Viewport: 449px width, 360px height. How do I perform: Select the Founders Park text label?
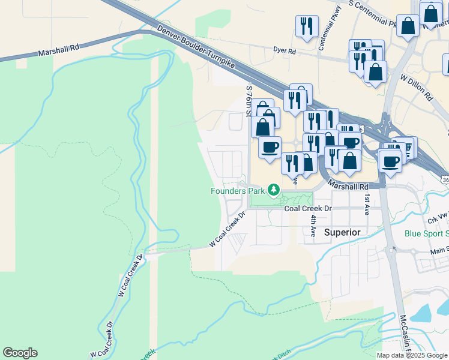pyautogui.click(x=238, y=191)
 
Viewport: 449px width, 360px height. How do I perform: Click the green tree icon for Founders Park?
pyautogui.click(x=274, y=190)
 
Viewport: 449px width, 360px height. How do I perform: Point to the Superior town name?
pyautogui.click(x=342, y=232)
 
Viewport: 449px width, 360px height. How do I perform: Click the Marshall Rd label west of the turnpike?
pyautogui.click(x=58, y=52)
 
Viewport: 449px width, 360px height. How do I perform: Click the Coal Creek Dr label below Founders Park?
pyautogui.click(x=308, y=208)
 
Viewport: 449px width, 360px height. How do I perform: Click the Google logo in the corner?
pyautogui.click(x=20, y=353)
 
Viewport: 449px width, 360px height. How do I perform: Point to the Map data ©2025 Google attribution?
pyautogui.click(x=412, y=355)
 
